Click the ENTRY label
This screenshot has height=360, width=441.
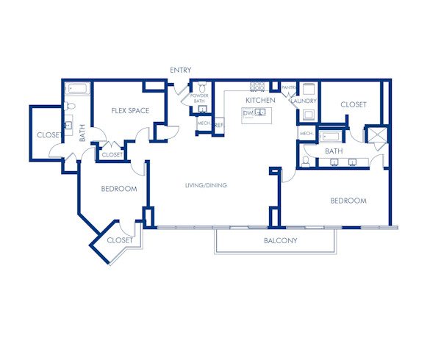180,71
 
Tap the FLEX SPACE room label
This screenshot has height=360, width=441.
130,111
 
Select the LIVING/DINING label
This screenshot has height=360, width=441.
206,185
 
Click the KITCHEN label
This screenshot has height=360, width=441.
260,100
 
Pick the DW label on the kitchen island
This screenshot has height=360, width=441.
248,114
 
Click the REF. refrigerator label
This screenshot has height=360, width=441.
219,125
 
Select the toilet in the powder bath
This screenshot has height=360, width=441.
202,109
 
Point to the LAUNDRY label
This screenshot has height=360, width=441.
304,101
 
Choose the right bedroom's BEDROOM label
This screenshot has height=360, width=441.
348,201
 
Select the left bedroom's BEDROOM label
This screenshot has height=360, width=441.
119,189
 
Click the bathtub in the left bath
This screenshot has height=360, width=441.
78,89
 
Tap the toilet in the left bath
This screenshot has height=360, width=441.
69,107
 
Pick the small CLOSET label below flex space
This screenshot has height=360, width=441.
112,155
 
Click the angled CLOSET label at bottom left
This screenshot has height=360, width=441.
120,240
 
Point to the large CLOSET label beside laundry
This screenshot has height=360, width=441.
354,105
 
